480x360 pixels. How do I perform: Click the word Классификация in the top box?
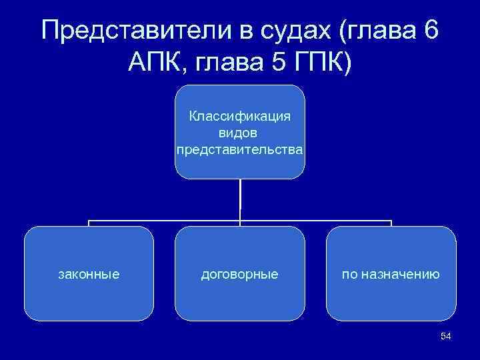click(x=240, y=117)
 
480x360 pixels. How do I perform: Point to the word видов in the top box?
click(x=240, y=133)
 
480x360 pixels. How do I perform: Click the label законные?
click(x=89, y=273)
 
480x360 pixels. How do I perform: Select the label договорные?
click(x=240, y=273)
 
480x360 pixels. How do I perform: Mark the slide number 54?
click(x=446, y=337)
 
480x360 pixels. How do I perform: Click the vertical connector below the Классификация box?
click(x=240, y=200)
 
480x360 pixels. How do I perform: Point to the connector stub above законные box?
click(x=89, y=223)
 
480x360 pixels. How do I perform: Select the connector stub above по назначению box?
click(x=391, y=223)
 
